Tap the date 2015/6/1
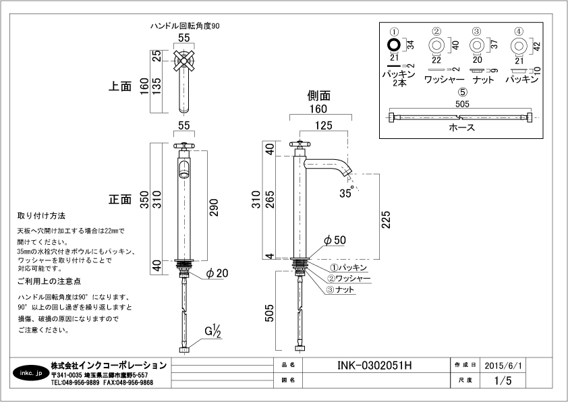point(503,365)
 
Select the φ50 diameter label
point(335,240)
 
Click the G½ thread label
point(214,331)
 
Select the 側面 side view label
point(318,96)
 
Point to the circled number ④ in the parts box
point(518,31)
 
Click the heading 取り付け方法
point(41,217)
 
